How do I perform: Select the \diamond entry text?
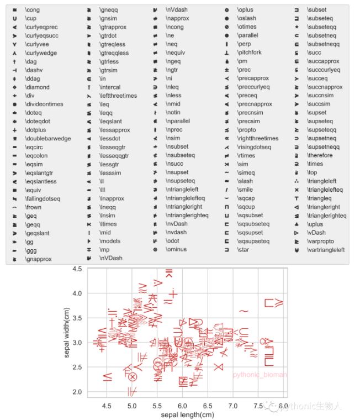(37, 87)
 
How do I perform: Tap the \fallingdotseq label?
(43, 198)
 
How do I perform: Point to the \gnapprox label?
(38, 259)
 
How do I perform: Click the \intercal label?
(110, 87)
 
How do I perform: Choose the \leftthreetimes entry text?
(118, 96)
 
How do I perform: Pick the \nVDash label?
(110, 258)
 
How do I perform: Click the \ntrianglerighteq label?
(187, 216)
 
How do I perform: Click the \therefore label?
(320, 155)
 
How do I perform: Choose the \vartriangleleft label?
(326, 250)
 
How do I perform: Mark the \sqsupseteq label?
(253, 241)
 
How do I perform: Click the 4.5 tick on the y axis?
(77, 269)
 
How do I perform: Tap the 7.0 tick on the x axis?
(233, 406)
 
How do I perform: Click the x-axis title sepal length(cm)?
(187, 415)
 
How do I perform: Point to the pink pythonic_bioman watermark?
(260, 375)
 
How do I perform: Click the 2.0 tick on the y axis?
(77, 392)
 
